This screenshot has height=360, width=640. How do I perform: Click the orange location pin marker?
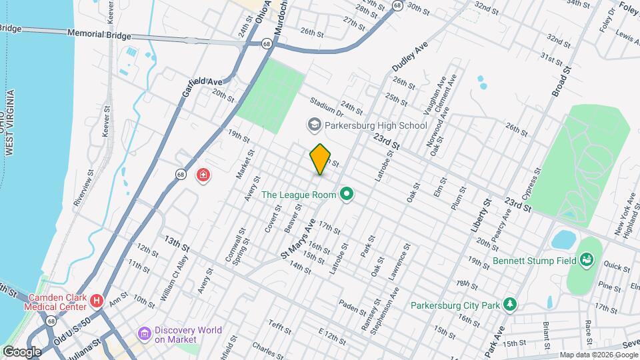pyautogui.click(x=321, y=159)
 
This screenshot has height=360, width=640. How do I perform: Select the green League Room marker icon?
pyautogui.click(x=346, y=195)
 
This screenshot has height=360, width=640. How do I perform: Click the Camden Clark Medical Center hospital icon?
pyautogui.click(x=98, y=301)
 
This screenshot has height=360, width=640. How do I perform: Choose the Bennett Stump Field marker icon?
pyautogui.click(x=587, y=259)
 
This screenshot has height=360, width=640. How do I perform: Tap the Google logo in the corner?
pyautogui.click(x=21, y=351)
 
